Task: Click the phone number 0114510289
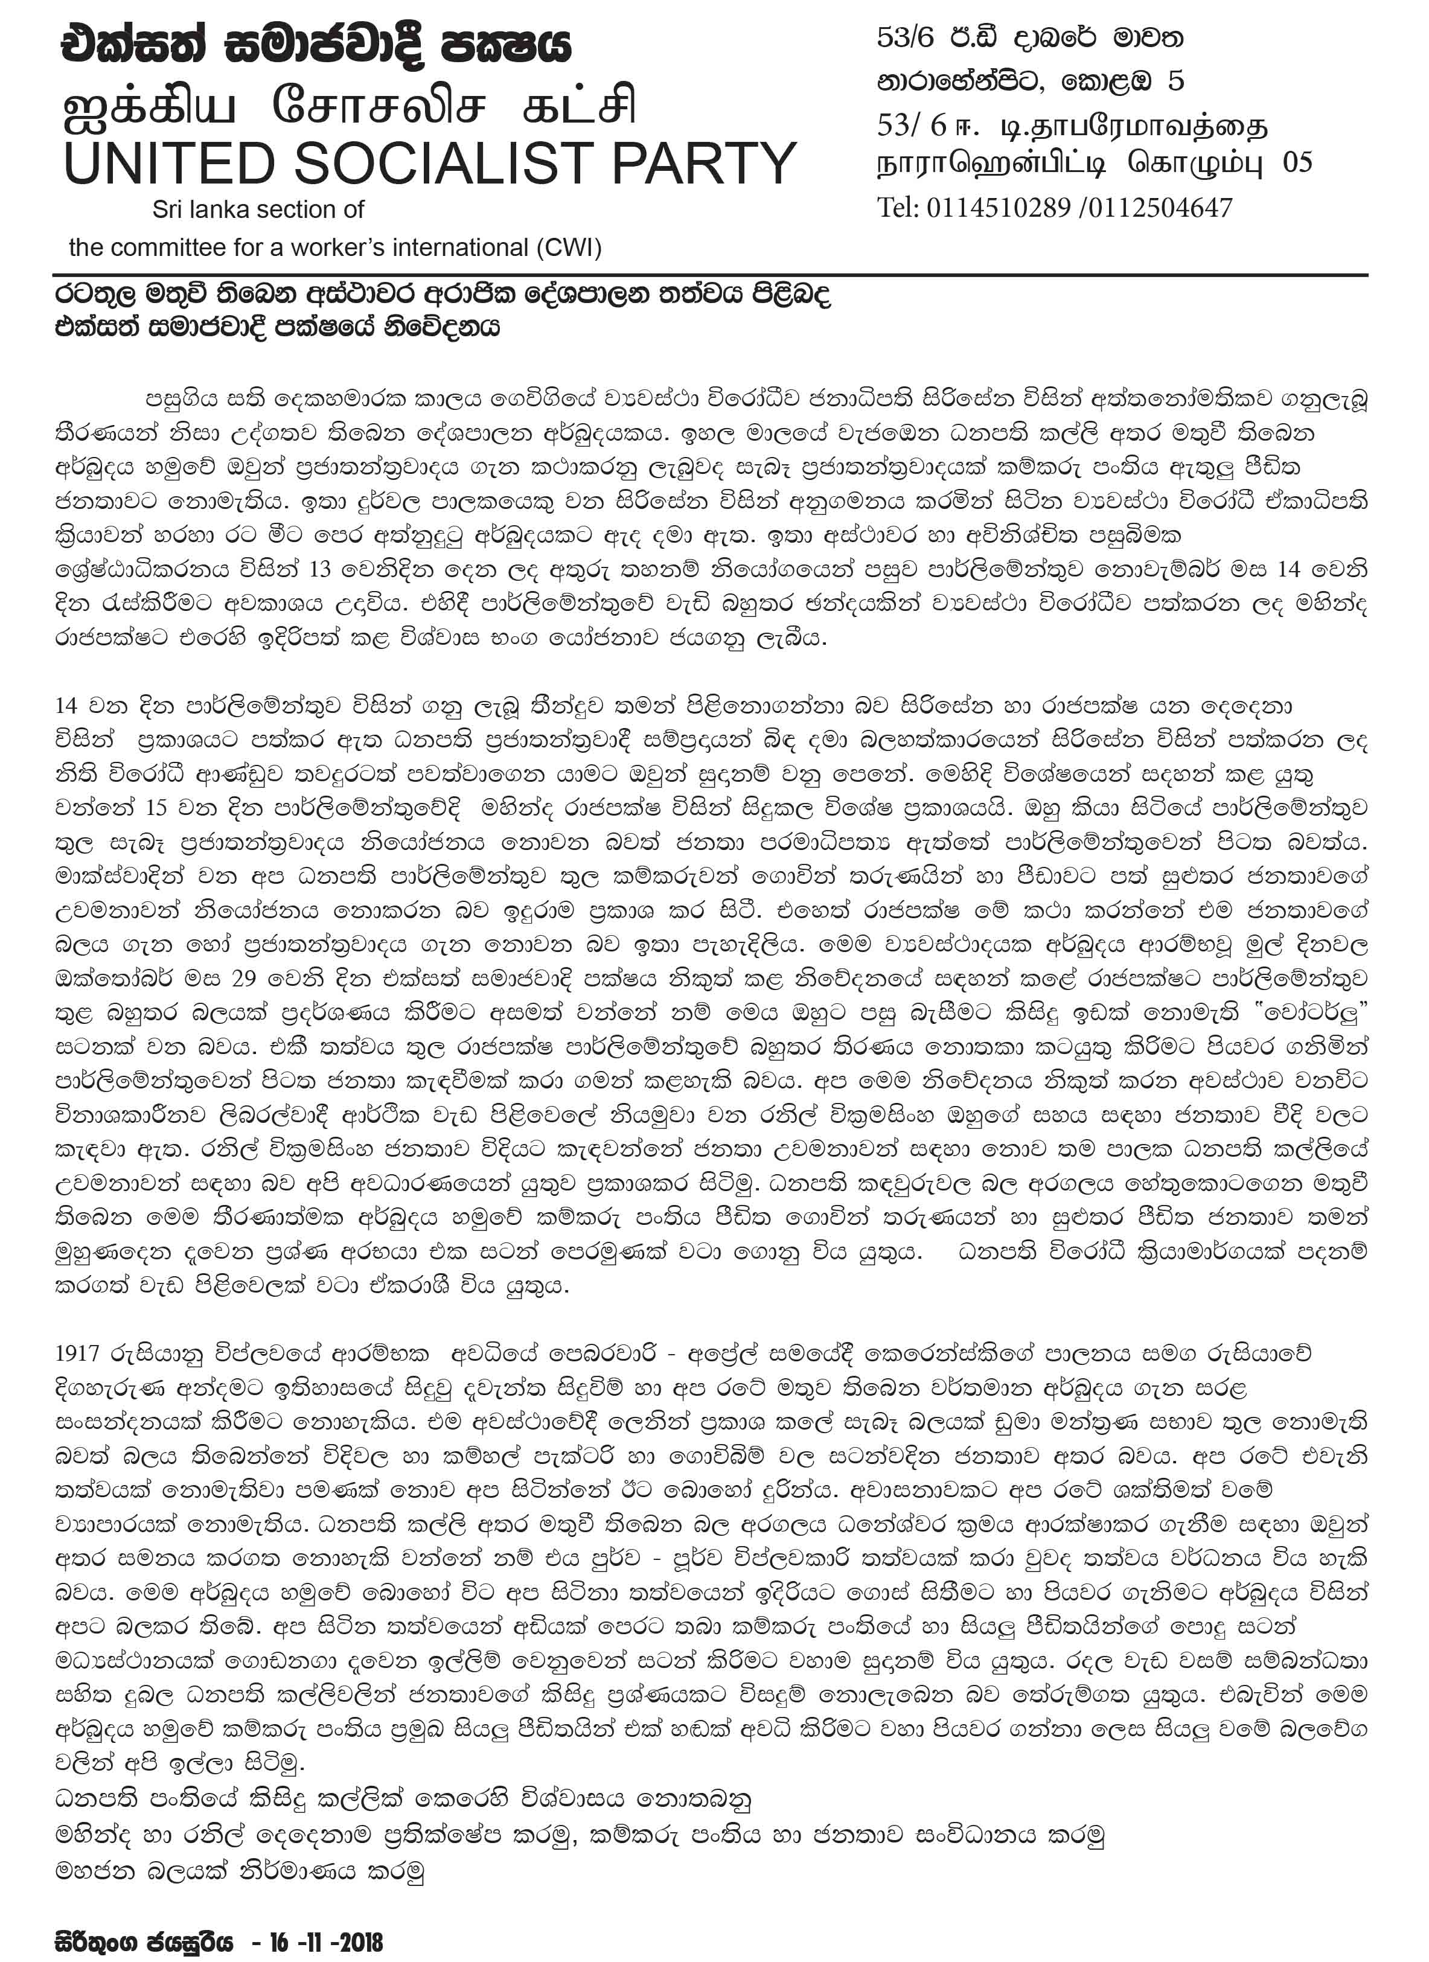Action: (997, 208)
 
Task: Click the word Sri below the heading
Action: (166, 209)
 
